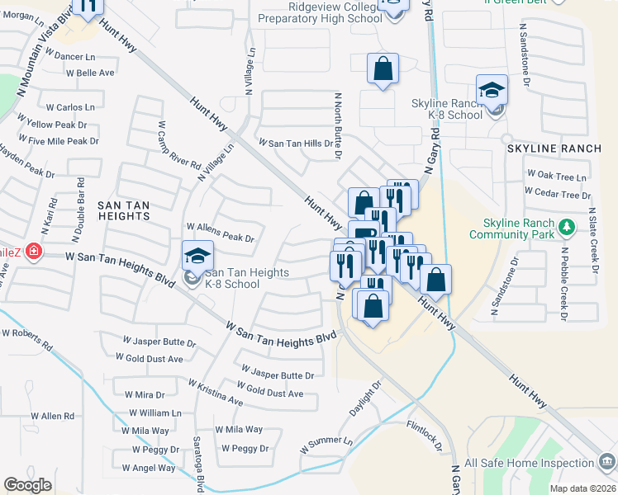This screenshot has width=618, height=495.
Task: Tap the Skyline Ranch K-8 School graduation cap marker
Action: click(x=492, y=90)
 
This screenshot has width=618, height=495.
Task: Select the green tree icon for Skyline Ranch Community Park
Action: click(x=566, y=225)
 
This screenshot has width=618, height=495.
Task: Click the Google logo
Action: click(x=28, y=485)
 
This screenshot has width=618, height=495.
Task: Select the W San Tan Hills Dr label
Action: click(x=300, y=143)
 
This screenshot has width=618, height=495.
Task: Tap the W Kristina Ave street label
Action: click(x=215, y=393)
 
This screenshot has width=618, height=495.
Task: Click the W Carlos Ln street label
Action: click(x=70, y=107)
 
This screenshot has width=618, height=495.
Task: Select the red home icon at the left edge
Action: click(x=33, y=251)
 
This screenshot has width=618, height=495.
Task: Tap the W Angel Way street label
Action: click(x=149, y=468)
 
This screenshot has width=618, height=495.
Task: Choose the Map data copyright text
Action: click(x=582, y=488)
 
